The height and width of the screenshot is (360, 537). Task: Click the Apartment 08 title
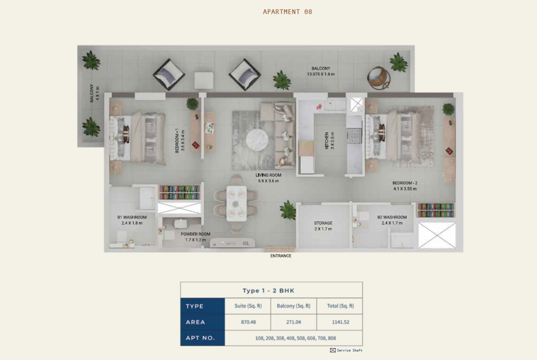click(287, 11)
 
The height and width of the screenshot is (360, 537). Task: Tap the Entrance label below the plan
click(281, 255)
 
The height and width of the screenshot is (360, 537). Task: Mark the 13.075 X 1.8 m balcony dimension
click(321, 74)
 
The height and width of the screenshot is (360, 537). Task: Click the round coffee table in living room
click(257, 140)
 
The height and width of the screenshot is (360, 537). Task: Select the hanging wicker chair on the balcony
click(379, 78)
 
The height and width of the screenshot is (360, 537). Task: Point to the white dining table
click(236, 203)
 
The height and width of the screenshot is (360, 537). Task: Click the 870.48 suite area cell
click(248, 322)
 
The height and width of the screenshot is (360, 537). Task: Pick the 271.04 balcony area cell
click(293, 322)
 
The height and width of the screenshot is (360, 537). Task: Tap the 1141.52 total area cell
click(341, 322)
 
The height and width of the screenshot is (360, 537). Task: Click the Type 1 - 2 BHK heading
click(268, 291)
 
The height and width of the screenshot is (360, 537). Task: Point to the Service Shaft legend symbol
click(333, 350)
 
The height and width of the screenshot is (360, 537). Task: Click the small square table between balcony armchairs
click(204, 80)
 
